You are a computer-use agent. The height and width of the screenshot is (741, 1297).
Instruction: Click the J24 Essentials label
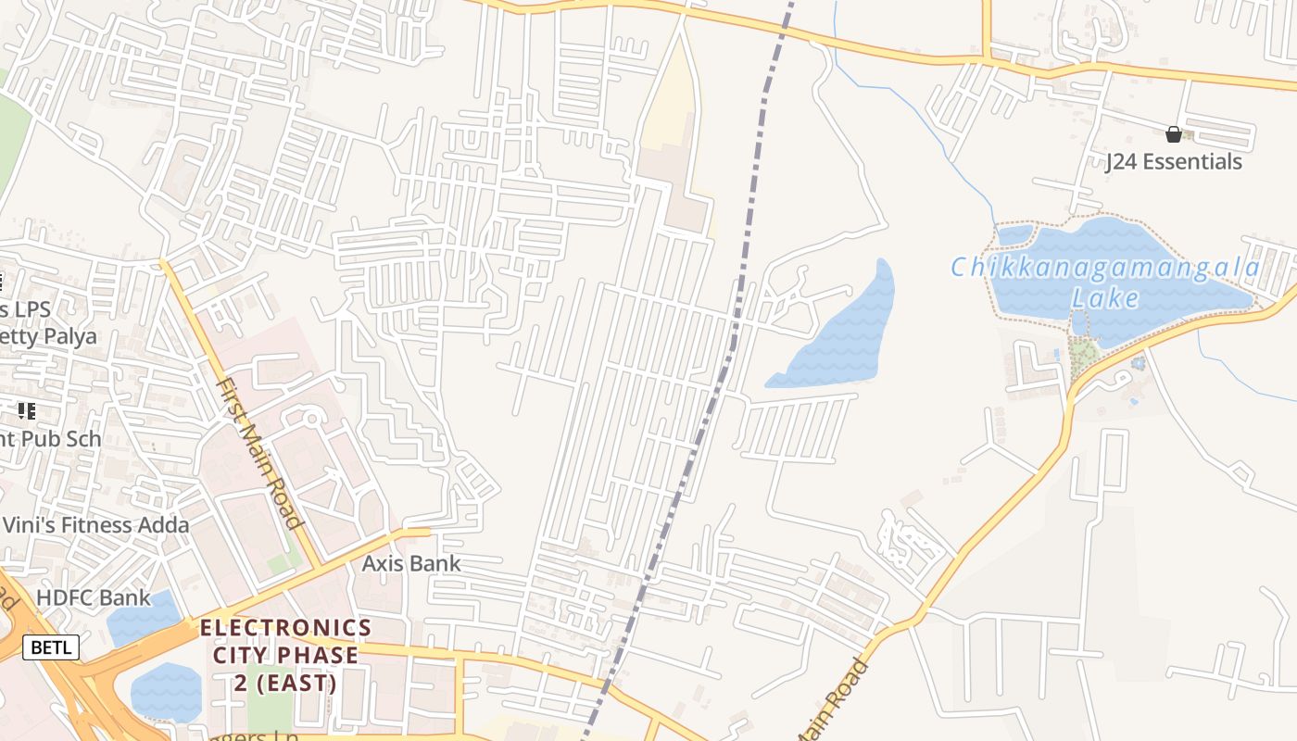1174,162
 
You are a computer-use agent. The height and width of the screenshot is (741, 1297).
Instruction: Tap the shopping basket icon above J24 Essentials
1174,135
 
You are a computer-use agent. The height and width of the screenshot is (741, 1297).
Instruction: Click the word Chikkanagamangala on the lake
1105,269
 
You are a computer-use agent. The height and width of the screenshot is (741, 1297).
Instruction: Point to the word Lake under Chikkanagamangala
1105,298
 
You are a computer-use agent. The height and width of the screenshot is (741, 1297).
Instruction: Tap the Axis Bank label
410,563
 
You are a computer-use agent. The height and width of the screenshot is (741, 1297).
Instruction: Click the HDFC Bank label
93,597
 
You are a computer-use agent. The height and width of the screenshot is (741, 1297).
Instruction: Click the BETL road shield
51,647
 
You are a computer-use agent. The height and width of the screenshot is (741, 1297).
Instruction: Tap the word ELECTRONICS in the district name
285,628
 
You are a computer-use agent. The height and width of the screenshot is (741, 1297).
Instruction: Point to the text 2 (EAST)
285,684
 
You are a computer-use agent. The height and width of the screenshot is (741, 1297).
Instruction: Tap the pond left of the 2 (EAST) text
167,693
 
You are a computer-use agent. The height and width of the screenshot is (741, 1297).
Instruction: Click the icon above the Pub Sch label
26,410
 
